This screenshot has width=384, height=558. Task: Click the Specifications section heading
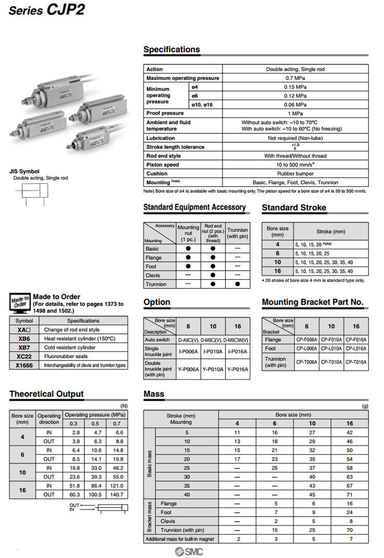pyautogui.click(x=172, y=50)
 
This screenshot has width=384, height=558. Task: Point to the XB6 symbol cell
pyautogui.click(x=24, y=339)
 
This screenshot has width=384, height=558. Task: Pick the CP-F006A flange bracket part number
pyautogui.click(x=306, y=339)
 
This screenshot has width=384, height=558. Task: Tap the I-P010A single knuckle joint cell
pyautogui.click(x=212, y=351)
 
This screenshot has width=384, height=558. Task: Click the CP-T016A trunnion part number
pyautogui.click(x=355, y=362)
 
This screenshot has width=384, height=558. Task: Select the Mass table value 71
pyautogui.click(x=350, y=495)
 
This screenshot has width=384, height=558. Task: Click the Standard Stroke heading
pyautogui.click(x=294, y=208)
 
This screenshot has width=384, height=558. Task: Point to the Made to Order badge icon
pyautogui.click(x=19, y=301)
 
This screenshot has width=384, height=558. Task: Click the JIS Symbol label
pyautogui.click(x=24, y=171)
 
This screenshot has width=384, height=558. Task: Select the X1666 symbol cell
pyautogui.click(x=24, y=365)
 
